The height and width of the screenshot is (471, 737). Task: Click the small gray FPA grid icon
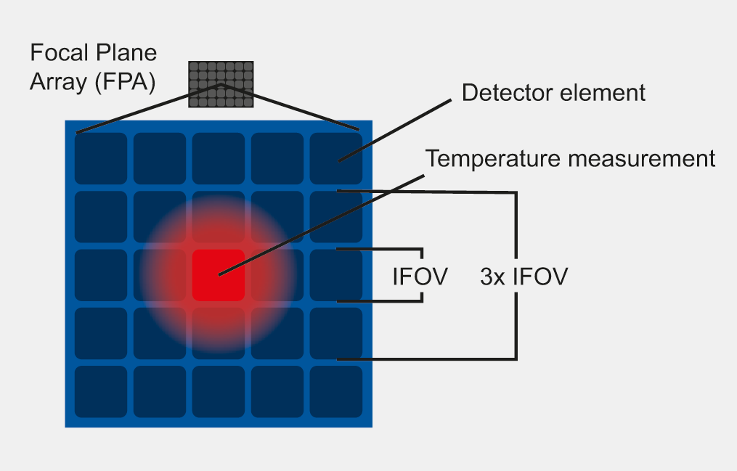(x=221, y=84)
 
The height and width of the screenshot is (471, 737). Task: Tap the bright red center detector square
(x=218, y=275)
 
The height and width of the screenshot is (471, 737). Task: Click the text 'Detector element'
(x=553, y=93)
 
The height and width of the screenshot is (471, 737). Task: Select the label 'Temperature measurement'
(x=570, y=158)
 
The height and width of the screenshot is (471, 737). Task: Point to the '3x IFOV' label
(x=524, y=277)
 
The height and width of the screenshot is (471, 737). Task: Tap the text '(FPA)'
(x=124, y=82)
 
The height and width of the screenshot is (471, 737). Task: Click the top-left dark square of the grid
(x=101, y=158)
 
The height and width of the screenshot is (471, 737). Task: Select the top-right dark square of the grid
(x=335, y=158)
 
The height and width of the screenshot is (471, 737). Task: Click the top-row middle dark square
(x=218, y=158)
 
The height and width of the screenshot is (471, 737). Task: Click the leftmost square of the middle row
(x=101, y=275)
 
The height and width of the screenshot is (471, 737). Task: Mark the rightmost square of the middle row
(x=335, y=275)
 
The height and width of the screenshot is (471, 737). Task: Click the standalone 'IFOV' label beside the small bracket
(x=419, y=277)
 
